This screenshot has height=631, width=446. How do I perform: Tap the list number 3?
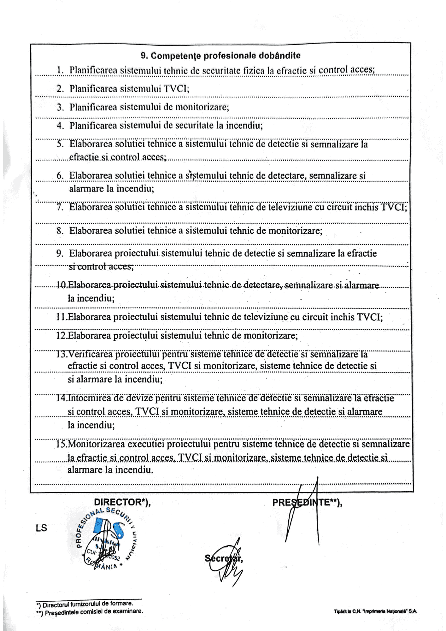[x=60, y=107]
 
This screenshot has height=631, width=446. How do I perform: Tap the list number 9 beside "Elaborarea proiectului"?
[x=60, y=253]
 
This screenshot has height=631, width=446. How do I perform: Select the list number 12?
[x=62, y=335]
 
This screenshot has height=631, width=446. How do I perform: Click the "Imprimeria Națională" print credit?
[x=375, y=611]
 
